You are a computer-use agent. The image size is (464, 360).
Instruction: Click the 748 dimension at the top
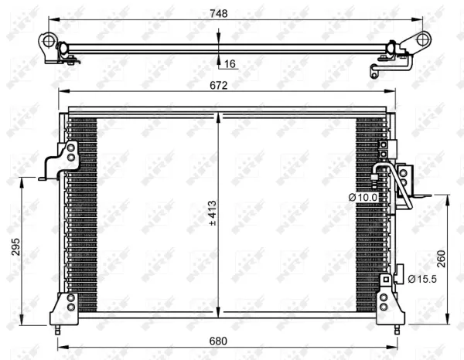pos(220,12)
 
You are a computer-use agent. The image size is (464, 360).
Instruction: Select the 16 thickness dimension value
pos(230,63)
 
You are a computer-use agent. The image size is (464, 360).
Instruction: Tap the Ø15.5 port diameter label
pos(422,278)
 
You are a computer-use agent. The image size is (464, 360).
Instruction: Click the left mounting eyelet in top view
pos(50,40)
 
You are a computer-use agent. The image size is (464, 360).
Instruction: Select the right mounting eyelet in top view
pos(422,39)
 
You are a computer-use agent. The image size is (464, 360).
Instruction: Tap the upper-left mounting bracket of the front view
pos(62,158)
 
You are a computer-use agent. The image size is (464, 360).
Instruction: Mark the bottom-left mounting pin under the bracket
pos(60,329)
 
